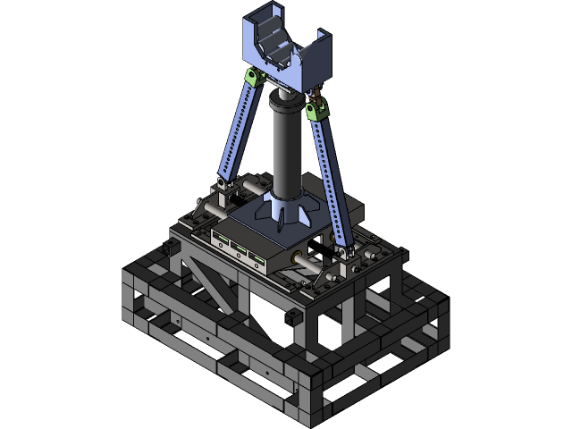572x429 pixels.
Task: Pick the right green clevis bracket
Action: pyautogui.click(x=315, y=110)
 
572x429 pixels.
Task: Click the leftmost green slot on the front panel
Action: pyautogui.click(x=221, y=238)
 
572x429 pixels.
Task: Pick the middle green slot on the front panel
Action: pyautogui.click(x=239, y=248)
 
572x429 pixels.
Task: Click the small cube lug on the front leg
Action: pyautogui.click(x=290, y=316)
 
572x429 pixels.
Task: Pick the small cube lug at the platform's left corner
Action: pyautogui.click(x=174, y=242)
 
